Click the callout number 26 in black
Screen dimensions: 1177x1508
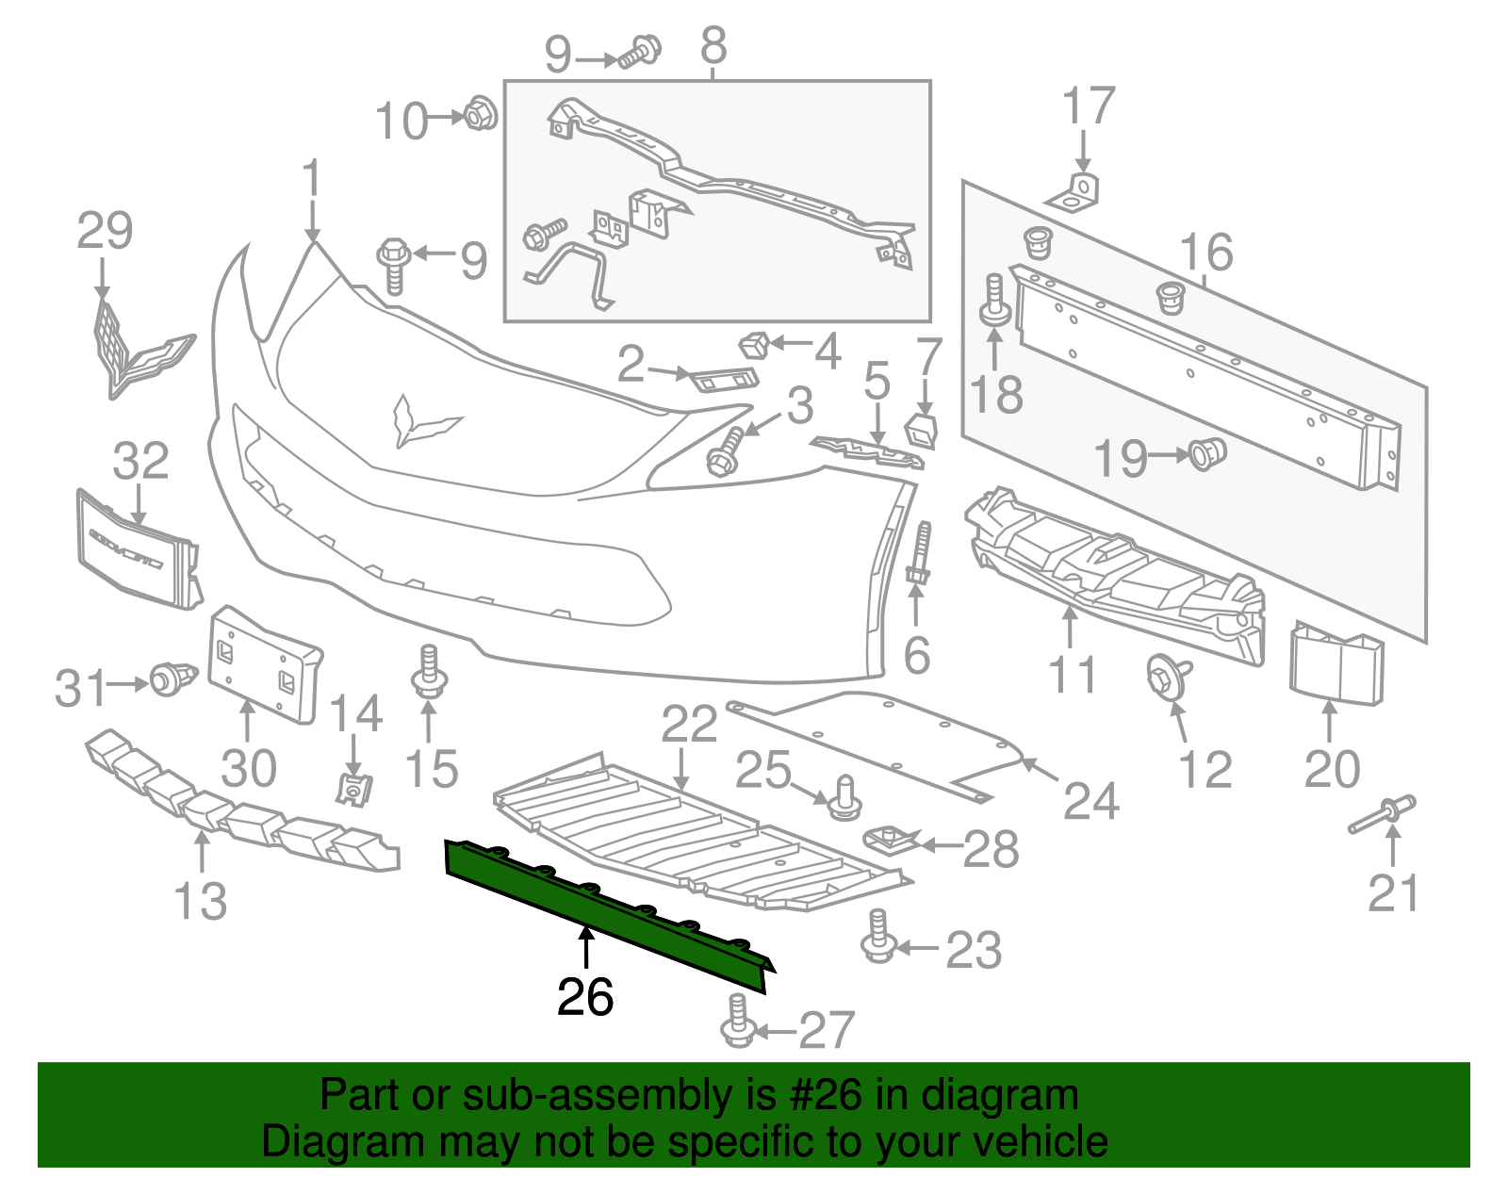585,997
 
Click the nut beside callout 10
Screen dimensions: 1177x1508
481,114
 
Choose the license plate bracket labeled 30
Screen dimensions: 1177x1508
263,665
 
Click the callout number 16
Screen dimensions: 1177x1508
1206,252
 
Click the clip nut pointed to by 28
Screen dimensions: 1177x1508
890,838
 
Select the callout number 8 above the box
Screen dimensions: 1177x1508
713,44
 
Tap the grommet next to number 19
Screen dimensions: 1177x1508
1206,454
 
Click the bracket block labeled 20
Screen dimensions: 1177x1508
1336,662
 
